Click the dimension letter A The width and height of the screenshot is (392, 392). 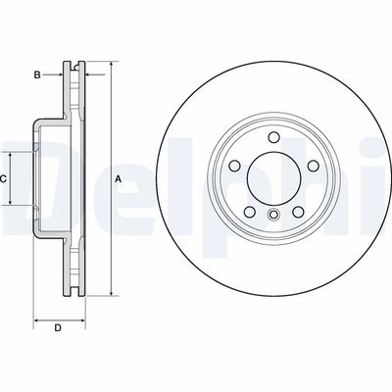pyautogui.click(x=118, y=178)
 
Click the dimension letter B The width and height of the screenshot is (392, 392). pyautogui.click(x=36, y=73)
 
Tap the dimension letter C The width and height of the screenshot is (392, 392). pyautogui.click(x=5, y=178)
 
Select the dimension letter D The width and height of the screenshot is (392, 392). pyautogui.click(x=58, y=327)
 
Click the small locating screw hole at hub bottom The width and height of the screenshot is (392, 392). pyautogui.click(x=273, y=214)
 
